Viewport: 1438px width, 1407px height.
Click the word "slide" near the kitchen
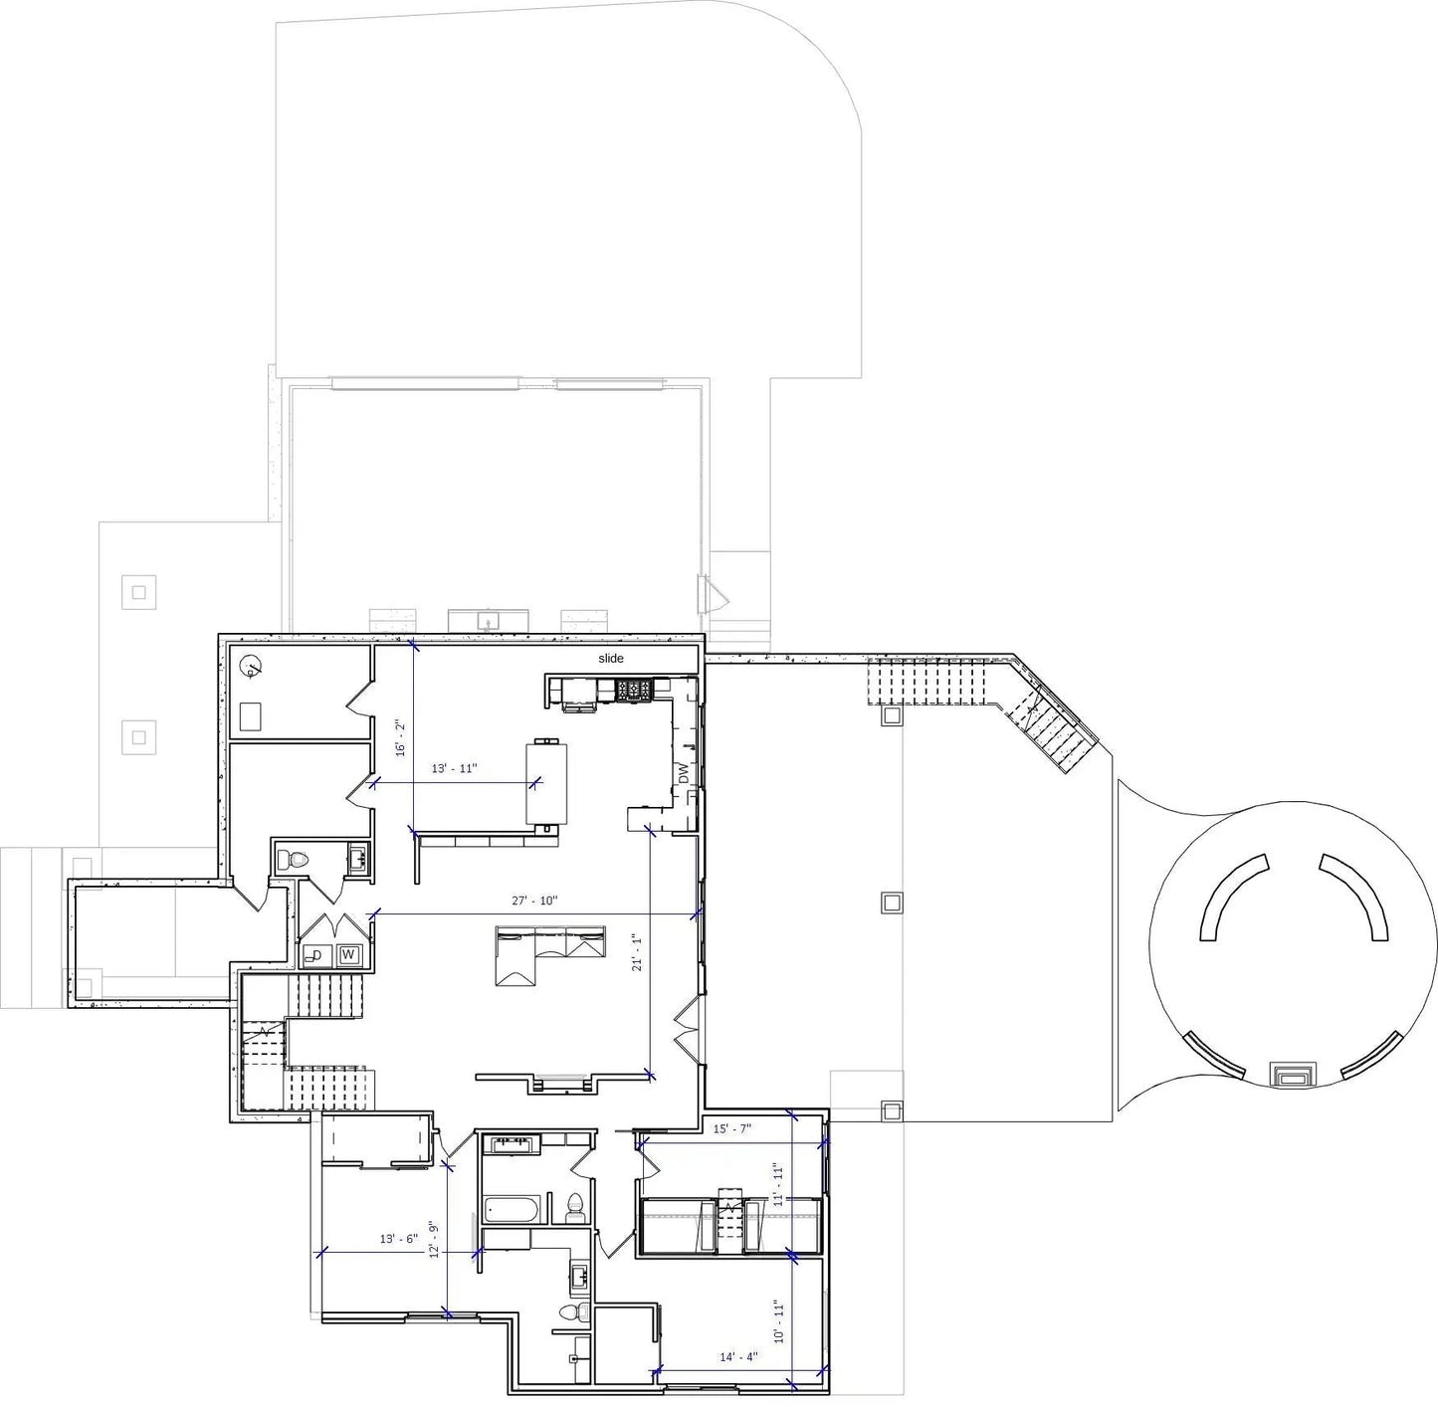coord(611,658)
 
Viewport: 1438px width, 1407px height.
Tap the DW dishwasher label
coord(684,773)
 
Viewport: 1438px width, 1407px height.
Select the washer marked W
coord(348,955)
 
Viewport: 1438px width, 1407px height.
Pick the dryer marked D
coord(315,955)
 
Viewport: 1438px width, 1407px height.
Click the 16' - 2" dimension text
coord(400,736)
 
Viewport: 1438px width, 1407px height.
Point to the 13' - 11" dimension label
coord(455,768)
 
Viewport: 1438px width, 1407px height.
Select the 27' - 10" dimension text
coord(535,901)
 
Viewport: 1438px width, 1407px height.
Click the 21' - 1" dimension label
coord(637,952)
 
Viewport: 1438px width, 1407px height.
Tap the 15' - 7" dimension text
coord(732,1128)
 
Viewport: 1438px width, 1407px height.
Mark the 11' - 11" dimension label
coord(777,1184)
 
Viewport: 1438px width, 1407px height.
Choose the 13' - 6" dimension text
coord(399,1239)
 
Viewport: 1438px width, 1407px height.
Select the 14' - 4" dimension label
coord(739,1357)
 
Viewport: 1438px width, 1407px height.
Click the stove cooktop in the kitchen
coord(635,691)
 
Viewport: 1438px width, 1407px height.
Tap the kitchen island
coord(546,783)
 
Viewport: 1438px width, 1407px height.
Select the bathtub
coord(515,1210)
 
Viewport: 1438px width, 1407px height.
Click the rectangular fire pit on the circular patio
coord(1293,1074)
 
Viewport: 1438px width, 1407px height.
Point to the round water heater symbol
coord(250,667)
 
